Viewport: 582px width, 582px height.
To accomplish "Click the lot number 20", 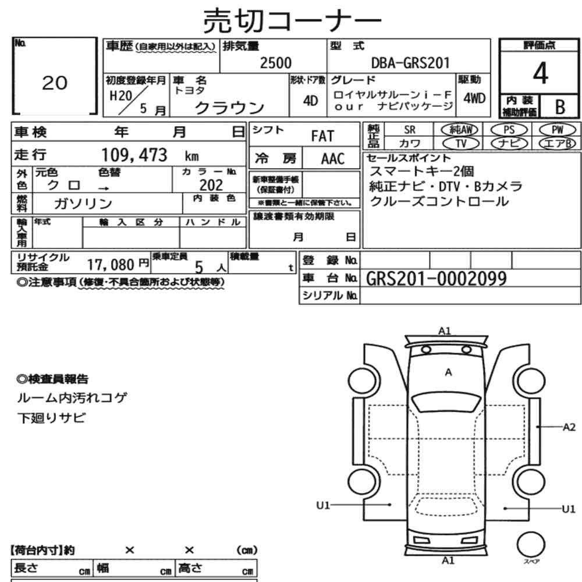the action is (55, 83).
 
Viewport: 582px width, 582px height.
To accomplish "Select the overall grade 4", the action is (541, 73).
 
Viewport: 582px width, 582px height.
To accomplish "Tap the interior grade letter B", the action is (560, 107).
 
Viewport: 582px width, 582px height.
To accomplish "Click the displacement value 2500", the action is (275, 63).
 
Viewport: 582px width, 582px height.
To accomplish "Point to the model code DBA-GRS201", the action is (410, 63).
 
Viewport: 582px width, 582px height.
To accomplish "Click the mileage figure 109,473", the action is (134, 155).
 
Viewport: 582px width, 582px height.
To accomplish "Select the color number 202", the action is (211, 185).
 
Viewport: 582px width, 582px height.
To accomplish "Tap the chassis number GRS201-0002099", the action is (436, 278).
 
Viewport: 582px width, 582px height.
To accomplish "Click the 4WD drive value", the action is (474, 98).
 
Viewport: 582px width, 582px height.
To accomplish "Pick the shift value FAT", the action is (322, 136).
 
